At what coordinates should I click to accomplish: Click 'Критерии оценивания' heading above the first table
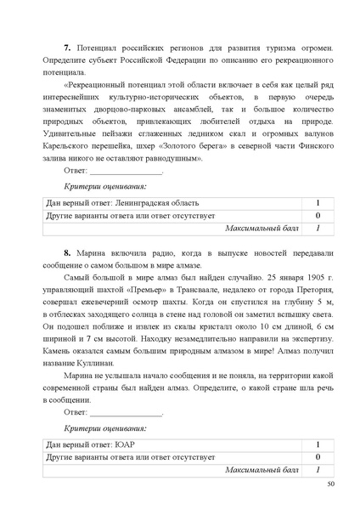pos(106,186)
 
